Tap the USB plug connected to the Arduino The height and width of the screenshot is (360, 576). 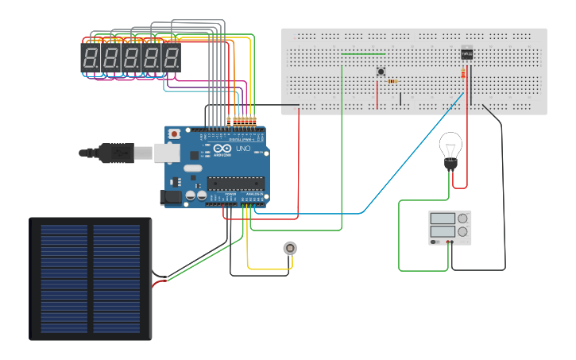tap(115, 152)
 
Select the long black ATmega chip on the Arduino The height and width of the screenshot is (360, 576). tap(235, 183)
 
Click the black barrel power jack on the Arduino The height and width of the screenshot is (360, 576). tap(170, 197)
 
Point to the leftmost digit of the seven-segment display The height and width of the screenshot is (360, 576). tap(91, 58)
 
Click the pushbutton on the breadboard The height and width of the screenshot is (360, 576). tap(381, 72)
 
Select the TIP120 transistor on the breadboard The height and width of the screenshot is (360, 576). tap(467, 53)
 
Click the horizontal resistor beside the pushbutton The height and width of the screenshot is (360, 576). tap(392, 81)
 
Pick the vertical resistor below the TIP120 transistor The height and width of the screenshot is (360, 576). tap(463, 75)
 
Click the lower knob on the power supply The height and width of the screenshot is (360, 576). tap(462, 232)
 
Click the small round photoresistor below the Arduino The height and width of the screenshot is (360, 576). tap(290, 248)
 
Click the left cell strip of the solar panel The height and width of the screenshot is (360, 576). tap(64, 278)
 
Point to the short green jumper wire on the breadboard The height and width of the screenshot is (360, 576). tap(363, 54)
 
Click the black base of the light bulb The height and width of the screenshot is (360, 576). tap(450, 164)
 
